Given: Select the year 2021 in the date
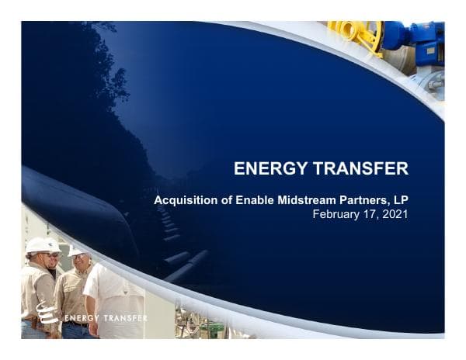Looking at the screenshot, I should coord(394,214).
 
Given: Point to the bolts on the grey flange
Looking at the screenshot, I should coord(432,81).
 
